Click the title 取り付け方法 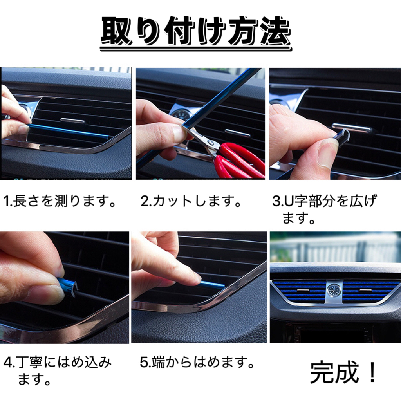[x=196, y=32]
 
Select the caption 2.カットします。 [x=191, y=201]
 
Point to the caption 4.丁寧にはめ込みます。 [x=58, y=370]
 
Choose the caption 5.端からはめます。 [x=197, y=362]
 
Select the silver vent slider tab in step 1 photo [x=72, y=121]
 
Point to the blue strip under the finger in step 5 [x=213, y=284]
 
